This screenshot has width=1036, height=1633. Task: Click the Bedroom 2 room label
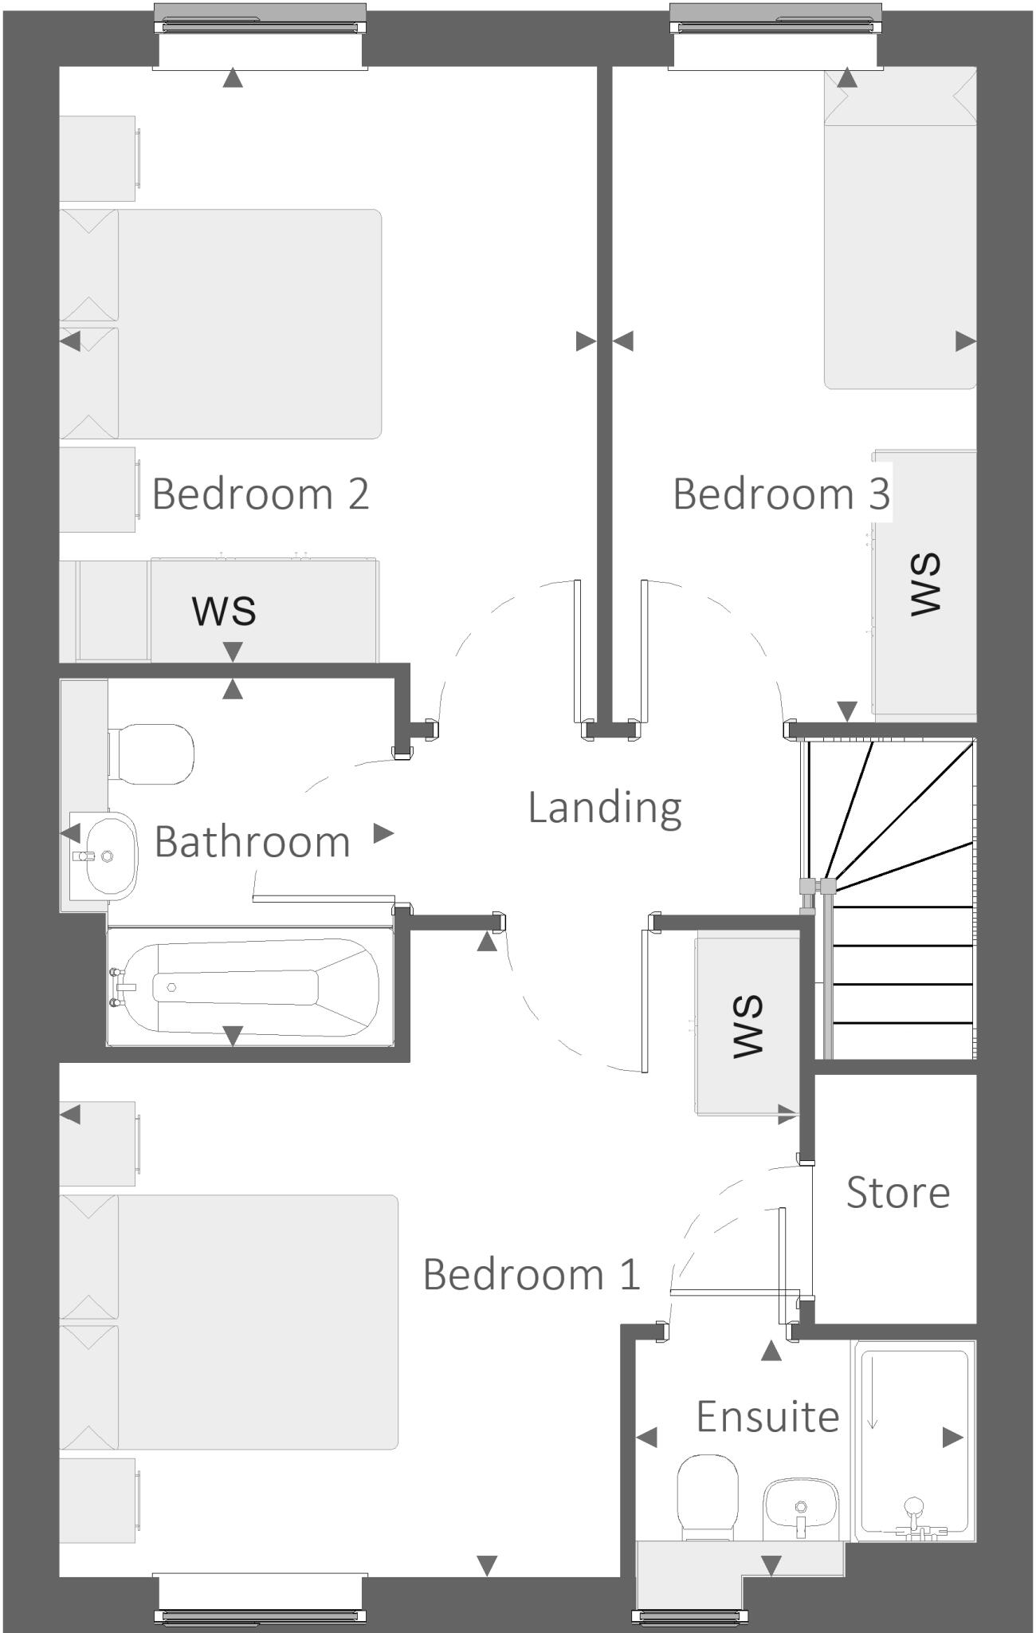coord(261,494)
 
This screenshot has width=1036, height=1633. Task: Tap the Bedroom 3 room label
coord(781,494)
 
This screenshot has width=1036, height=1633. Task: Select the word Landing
coord(605,807)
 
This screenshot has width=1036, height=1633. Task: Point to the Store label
coord(897,1193)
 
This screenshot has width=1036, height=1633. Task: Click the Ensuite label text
coord(767,1417)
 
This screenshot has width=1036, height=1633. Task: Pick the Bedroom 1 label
coord(532,1273)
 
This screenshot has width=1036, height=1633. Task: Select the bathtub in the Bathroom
coord(249,987)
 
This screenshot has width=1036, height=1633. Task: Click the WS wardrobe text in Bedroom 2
coord(224,610)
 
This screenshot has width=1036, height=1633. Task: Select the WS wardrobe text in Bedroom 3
coord(926,584)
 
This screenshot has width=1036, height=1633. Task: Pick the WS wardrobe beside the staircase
coord(748,1026)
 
